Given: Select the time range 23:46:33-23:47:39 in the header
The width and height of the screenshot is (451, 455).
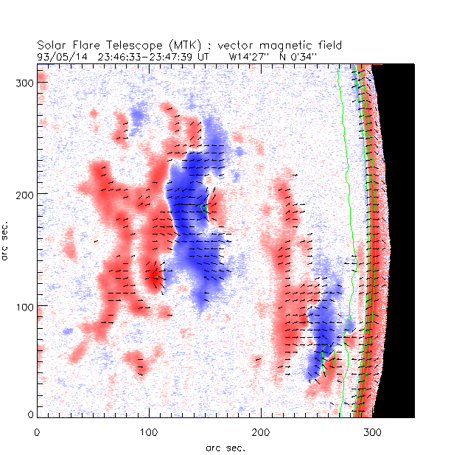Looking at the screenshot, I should point(141,55).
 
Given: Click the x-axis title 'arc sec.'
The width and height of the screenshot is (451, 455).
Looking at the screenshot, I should point(225,447).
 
